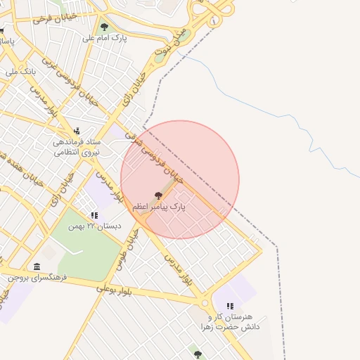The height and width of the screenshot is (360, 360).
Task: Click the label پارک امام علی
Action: click(104, 38)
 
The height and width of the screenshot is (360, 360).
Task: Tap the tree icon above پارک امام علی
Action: click(104, 27)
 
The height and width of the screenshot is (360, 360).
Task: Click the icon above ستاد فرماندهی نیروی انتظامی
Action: click(77, 131)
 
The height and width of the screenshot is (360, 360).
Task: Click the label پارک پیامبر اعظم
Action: click(158, 207)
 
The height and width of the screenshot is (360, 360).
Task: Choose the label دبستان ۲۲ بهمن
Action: click(94, 226)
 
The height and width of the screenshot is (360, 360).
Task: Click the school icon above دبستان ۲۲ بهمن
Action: click(94, 215)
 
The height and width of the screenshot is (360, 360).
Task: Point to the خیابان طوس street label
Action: click(131, 247)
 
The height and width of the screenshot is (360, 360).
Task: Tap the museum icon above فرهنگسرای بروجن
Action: click(37, 266)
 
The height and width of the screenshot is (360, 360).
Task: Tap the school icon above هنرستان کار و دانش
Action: click(230, 306)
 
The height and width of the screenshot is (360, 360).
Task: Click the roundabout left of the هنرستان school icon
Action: click(205, 303)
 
